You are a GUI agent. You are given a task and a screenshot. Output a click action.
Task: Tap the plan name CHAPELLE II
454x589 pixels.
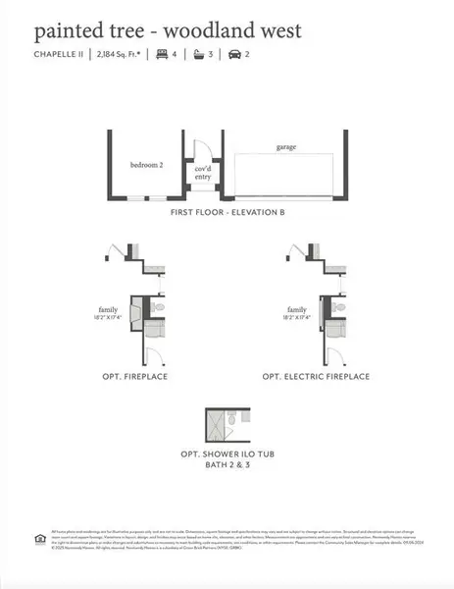point(58,54)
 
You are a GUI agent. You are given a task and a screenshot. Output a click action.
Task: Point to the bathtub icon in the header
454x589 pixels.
point(199,54)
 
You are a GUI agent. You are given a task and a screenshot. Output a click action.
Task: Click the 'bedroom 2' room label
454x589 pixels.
point(146,166)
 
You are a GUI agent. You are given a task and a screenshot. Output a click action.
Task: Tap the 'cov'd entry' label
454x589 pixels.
point(204,173)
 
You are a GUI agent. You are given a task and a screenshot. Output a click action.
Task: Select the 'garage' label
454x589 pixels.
point(285,147)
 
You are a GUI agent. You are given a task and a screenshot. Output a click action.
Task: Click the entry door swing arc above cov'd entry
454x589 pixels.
point(201,150)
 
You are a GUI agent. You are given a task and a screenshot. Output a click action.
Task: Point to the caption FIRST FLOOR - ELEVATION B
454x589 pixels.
point(227,213)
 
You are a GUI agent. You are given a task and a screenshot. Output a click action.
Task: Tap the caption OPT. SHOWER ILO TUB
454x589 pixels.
point(227,455)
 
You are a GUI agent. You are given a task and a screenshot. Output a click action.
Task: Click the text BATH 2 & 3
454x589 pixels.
point(227,468)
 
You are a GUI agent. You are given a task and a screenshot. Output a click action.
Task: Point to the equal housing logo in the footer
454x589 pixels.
point(37,538)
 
